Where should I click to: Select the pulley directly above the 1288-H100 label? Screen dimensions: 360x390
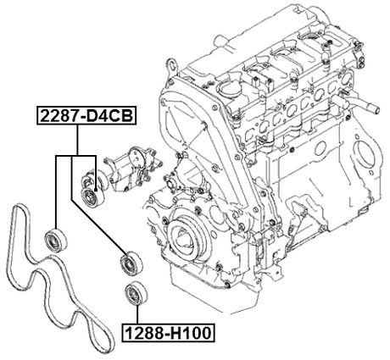pos(133,294)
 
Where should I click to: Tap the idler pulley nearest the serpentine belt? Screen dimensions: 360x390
pos(57,238)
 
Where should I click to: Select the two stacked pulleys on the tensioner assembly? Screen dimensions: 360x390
pos(88,189)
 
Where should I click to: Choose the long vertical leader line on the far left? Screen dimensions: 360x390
pos(57,191)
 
